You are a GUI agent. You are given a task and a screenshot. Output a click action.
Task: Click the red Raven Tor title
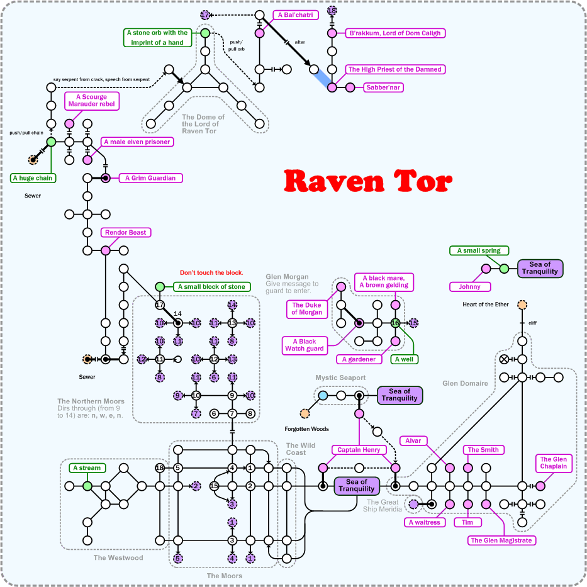(367, 181)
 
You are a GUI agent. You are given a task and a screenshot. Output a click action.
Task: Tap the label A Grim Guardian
(150, 178)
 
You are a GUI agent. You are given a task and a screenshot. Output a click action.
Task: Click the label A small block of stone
(211, 287)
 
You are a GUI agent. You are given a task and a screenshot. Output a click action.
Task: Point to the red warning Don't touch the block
(211, 273)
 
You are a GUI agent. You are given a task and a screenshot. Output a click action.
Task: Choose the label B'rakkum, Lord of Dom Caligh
(394, 33)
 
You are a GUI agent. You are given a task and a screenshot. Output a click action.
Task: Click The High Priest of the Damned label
(394, 69)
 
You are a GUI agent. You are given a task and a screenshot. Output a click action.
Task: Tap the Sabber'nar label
(383, 87)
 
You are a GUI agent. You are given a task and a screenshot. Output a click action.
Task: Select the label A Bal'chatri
(295, 14)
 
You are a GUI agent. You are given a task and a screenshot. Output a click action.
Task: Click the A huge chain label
(33, 178)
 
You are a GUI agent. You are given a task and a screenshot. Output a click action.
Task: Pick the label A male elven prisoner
(137, 142)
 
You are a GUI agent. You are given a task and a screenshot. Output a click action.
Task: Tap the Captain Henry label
(358, 450)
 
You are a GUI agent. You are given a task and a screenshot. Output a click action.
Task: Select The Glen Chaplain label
(553, 463)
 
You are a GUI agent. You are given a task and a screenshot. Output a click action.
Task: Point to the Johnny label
(469, 287)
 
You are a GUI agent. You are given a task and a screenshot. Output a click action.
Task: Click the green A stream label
(87, 468)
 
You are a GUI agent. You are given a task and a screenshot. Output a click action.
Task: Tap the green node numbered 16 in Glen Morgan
(395, 323)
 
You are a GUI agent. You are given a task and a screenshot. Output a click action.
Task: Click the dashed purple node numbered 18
(332, 11)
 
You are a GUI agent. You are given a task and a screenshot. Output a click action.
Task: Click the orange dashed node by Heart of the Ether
(522, 305)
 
